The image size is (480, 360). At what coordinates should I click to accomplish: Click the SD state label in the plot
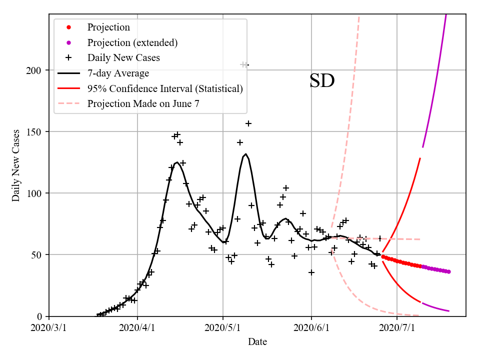point(321,81)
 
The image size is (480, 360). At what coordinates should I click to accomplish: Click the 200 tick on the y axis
point(37,70)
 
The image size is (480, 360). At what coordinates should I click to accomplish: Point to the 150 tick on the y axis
point(37,131)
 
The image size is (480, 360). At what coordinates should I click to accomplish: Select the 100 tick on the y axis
point(37,193)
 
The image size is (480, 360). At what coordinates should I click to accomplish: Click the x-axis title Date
point(257,342)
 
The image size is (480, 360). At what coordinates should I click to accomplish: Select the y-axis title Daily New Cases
point(16,165)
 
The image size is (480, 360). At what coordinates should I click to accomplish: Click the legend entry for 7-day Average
point(118,73)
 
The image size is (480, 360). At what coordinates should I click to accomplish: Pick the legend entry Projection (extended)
point(132,42)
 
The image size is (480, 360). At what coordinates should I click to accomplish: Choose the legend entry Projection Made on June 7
point(144,104)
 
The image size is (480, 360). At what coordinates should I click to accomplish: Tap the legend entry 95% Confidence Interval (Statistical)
point(165,89)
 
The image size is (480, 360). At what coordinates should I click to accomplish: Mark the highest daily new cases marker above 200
point(244,64)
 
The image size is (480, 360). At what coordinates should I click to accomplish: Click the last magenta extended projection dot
point(448,271)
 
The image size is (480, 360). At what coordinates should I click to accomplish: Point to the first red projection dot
point(383,256)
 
